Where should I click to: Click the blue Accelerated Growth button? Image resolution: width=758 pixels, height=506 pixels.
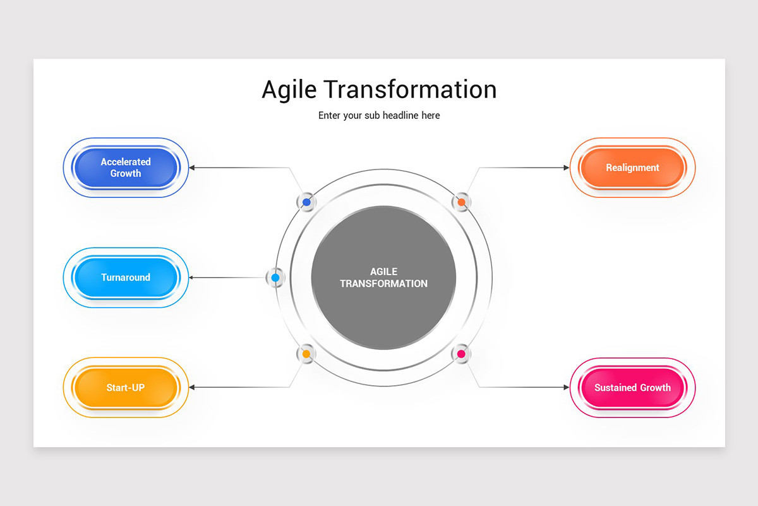coord(126,168)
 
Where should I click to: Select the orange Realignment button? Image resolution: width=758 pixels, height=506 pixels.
coord(632,168)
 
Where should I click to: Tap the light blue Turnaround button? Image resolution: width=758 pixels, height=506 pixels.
coord(126,278)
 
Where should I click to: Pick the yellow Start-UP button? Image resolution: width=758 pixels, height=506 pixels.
coord(126,388)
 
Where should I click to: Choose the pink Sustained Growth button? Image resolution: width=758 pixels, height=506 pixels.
coord(632,388)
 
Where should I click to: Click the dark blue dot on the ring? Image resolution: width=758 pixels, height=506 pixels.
coord(306,202)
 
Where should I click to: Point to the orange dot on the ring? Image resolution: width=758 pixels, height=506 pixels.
coord(462,202)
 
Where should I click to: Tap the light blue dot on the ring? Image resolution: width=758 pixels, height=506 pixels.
coord(275,278)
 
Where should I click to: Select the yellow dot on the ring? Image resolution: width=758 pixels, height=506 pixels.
coord(306,354)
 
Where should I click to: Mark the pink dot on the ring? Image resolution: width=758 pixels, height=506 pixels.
coord(462,354)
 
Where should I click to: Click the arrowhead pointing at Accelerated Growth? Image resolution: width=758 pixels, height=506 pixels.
coord(193,168)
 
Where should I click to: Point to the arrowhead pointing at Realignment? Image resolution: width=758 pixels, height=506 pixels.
coord(566,168)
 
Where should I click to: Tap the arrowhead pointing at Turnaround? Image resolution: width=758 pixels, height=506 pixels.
coord(193,278)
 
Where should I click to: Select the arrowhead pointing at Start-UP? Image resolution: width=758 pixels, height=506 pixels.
coord(193,387)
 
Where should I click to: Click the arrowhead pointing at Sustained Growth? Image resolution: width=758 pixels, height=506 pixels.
coord(566,387)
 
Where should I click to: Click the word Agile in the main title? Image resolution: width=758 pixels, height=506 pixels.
coord(288,90)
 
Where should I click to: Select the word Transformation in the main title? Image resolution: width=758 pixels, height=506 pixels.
coord(411,89)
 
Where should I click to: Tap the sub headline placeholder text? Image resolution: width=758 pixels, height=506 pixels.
coord(379,116)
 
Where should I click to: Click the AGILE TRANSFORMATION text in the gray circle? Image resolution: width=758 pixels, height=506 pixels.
coord(383,278)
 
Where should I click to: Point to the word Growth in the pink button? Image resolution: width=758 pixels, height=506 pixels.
coord(654,388)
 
